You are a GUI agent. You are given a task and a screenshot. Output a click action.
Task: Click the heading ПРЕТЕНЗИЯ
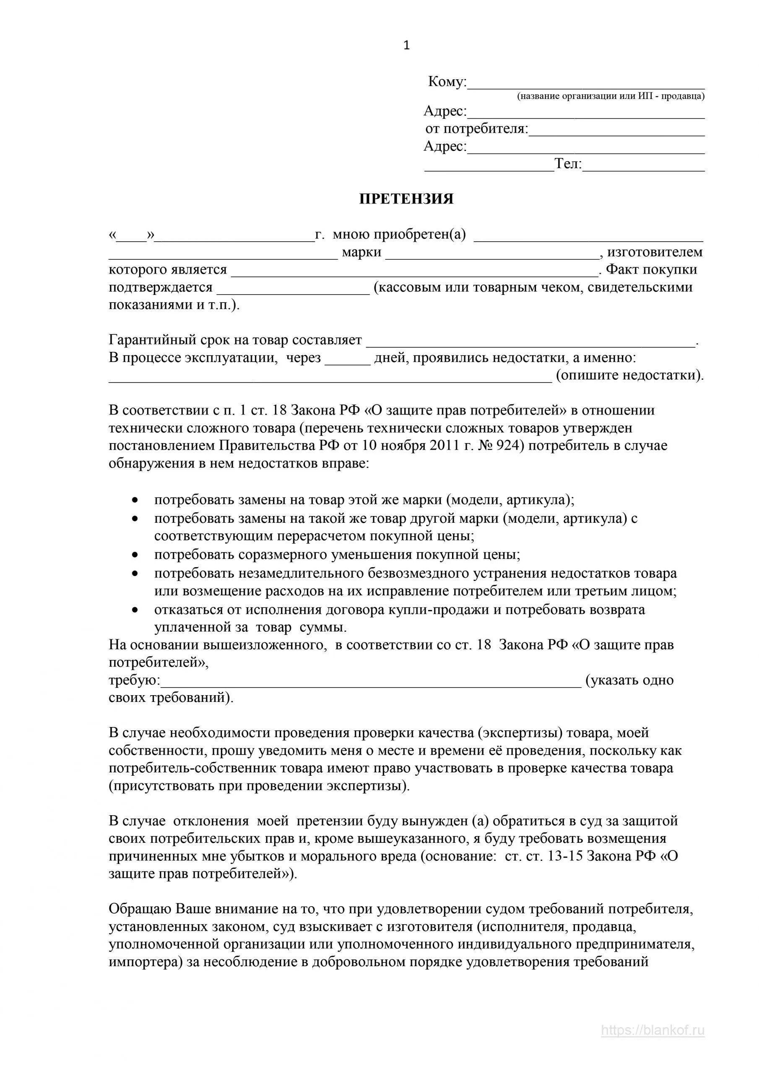pyautogui.click(x=406, y=199)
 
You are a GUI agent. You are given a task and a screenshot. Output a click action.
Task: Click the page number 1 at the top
pyautogui.click(x=406, y=45)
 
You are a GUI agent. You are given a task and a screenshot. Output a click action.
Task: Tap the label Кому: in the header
pyautogui.click(x=447, y=82)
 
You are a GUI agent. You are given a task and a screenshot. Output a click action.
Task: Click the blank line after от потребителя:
pyautogui.click(x=616, y=131)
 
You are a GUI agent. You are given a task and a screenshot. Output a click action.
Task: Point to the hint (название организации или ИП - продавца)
pyautogui.click(x=611, y=96)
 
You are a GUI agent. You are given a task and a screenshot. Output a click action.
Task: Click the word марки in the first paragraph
pyautogui.click(x=361, y=252)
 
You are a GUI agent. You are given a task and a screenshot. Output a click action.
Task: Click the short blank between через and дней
pyautogui.click(x=347, y=359)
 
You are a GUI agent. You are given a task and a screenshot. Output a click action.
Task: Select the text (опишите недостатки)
pyautogui.click(x=629, y=375)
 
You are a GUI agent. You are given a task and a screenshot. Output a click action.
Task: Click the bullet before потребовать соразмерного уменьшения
pyautogui.click(x=135, y=555)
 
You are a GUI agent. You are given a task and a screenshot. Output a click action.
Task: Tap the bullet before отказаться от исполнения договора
pyautogui.click(x=135, y=610)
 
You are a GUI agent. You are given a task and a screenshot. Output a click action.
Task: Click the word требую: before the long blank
pyautogui.click(x=134, y=680)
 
